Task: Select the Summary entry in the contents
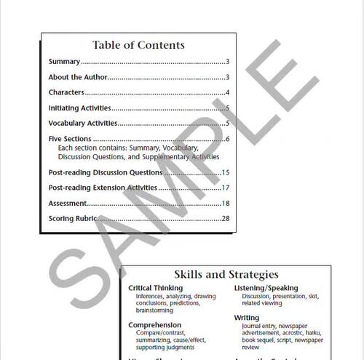(x=64, y=62)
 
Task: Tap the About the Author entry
(x=77, y=77)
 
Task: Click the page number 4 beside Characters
(x=227, y=92)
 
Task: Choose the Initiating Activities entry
(x=79, y=108)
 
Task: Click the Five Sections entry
(x=70, y=139)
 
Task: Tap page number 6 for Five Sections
(x=227, y=139)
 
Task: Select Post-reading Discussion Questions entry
(x=105, y=172)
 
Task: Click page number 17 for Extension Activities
(x=226, y=188)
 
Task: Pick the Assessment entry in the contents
(x=68, y=203)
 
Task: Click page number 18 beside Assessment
(x=226, y=203)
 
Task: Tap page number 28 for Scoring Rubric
(x=226, y=218)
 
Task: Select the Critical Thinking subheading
(x=155, y=288)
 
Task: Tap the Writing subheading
(x=246, y=318)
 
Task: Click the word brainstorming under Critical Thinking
(x=156, y=311)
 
